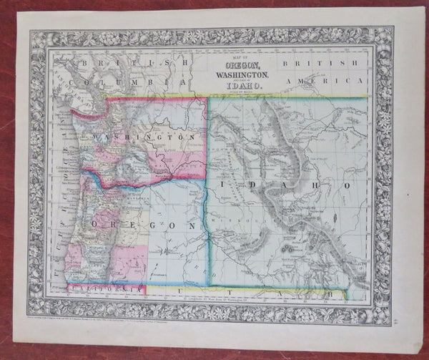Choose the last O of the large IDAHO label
pyautogui.click(x=347, y=185)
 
